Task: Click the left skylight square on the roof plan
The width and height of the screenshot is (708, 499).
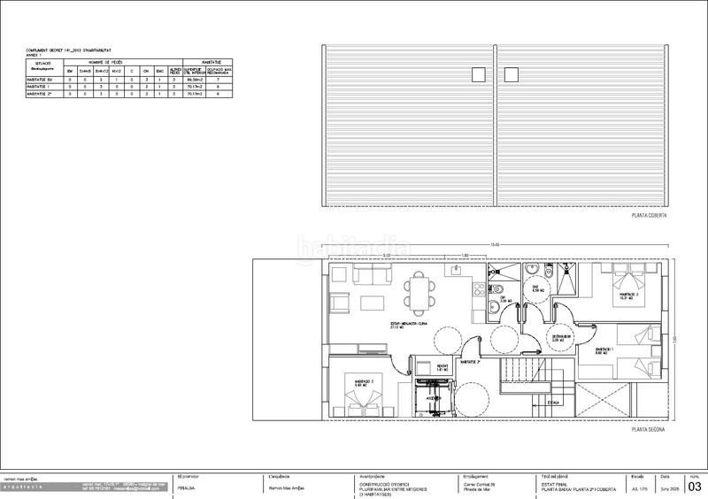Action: click(478, 73)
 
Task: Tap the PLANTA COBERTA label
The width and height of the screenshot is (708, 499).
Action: click(648, 215)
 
